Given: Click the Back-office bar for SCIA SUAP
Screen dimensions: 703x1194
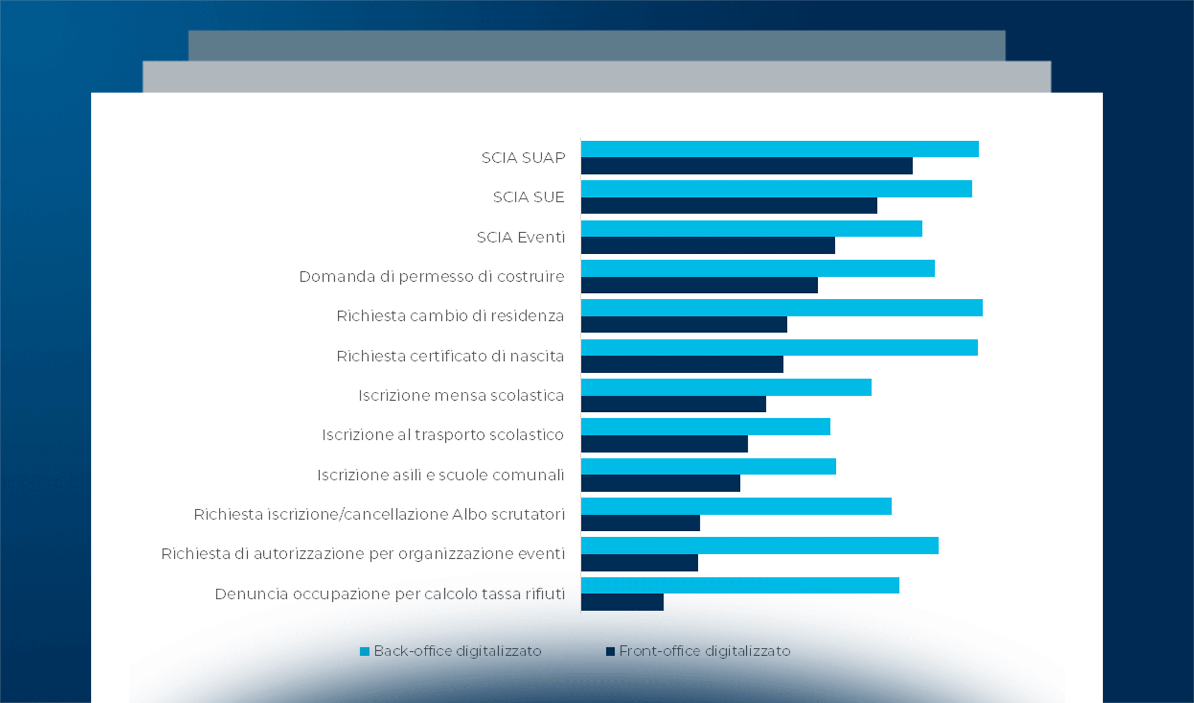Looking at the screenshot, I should point(780,149).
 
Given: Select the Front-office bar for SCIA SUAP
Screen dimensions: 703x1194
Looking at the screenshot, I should point(747,166).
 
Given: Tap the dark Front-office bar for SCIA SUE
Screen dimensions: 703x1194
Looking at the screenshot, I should point(729,206).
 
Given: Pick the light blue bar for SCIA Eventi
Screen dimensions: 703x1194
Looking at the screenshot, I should point(752,228).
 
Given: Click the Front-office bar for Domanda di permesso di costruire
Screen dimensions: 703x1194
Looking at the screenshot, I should point(699,285).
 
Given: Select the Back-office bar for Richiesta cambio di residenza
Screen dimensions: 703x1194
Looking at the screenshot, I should point(782,308).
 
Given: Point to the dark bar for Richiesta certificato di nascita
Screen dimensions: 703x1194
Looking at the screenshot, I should point(682,364).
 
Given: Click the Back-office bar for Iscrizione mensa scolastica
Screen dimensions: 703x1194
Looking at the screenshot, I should point(726,387).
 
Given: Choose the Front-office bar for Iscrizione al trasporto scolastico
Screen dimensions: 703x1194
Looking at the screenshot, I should point(664,444).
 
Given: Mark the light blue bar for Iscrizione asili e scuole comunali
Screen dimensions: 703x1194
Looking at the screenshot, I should point(708,466).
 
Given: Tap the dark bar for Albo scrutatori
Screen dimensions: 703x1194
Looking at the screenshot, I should point(640,523).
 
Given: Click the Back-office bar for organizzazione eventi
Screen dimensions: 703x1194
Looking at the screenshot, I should point(760,545).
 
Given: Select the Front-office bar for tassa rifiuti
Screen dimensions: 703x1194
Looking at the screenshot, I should point(622,602).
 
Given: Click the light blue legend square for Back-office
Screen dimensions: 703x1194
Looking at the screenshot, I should point(365,651).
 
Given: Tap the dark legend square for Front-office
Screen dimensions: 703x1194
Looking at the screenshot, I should point(610,651).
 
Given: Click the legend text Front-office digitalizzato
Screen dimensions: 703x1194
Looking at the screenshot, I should point(705,651).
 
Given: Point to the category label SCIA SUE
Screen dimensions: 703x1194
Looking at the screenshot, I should point(529,197).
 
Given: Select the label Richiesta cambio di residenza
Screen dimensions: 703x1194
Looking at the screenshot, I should point(450,316).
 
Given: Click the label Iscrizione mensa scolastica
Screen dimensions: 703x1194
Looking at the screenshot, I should point(461,395).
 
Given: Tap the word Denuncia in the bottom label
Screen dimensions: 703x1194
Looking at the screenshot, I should point(252,594).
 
